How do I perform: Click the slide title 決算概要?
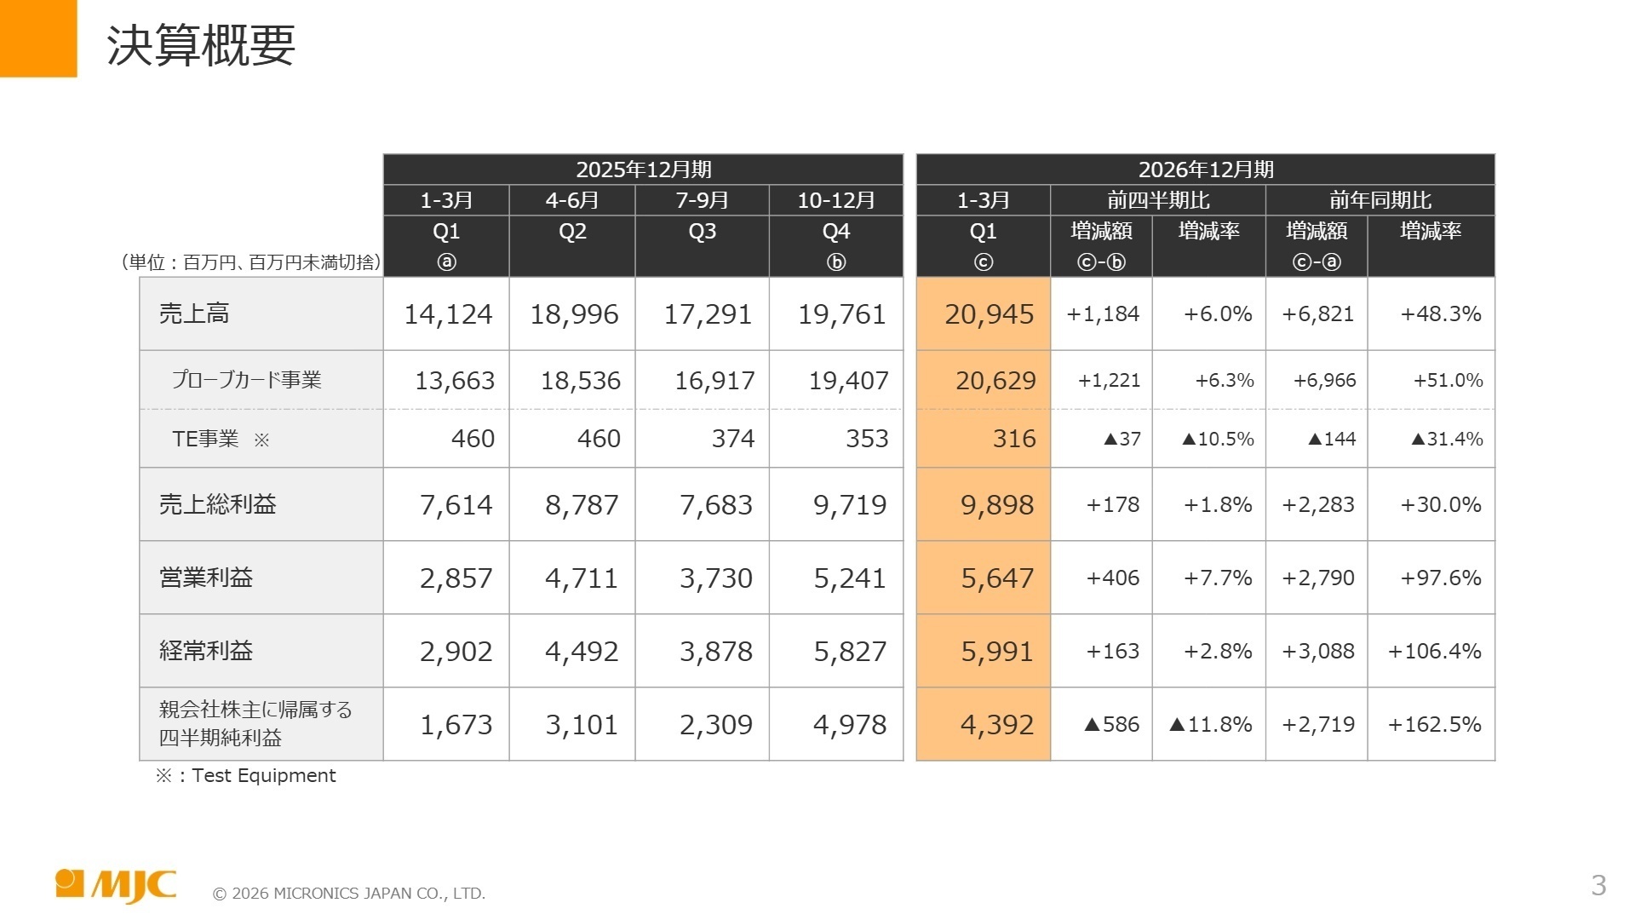click(201, 45)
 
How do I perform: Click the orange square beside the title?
click(38, 38)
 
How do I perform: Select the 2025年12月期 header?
click(643, 170)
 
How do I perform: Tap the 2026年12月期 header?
click(1206, 170)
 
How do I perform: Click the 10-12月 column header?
click(836, 200)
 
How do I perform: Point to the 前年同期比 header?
click(1380, 200)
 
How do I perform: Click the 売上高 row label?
click(194, 313)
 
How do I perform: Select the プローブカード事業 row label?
click(247, 380)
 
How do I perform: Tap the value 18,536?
click(581, 381)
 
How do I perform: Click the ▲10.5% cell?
click(1218, 439)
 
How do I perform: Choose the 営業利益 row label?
click(206, 578)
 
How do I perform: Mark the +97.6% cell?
click(1441, 578)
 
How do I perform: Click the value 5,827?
click(850, 652)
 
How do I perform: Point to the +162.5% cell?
click(1434, 725)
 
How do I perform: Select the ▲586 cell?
click(1111, 725)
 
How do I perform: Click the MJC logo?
click(116, 885)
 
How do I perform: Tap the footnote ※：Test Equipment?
click(246, 775)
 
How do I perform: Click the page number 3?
click(1598, 886)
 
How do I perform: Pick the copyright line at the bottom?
click(349, 894)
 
